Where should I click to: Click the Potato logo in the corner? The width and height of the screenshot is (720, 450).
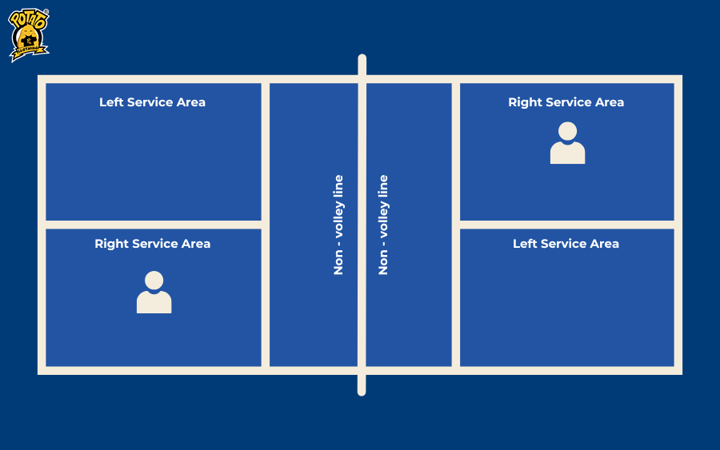coord(29,35)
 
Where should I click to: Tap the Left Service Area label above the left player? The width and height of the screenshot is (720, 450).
coord(152,102)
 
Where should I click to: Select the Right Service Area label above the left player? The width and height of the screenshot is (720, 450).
coord(152,244)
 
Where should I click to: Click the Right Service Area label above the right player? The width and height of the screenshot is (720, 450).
coord(566,102)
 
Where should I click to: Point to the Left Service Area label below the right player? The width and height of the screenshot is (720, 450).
coord(566,244)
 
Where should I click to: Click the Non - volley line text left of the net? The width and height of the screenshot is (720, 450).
coord(338,225)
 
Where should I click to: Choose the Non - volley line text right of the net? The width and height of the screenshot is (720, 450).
coord(383,225)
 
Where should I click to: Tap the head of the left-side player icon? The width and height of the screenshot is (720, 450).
coord(154,281)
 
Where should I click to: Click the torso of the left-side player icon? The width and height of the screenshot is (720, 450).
coord(154,302)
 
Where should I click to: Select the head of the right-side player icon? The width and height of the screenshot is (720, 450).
coord(567,131)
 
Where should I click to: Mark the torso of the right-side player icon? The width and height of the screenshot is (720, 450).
coord(567,153)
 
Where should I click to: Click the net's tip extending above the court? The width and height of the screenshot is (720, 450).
coord(362,64)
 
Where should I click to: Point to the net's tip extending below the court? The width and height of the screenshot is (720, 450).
coord(362,385)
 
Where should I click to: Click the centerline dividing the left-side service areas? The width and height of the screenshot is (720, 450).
coord(154,225)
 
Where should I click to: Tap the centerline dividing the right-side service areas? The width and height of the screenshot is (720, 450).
coord(567,225)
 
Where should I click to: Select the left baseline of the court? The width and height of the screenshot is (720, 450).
coord(42,225)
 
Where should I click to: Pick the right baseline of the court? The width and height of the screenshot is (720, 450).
coord(678,225)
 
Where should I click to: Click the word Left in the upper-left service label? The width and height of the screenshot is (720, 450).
coord(111,102)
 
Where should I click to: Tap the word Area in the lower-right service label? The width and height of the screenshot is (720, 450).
coord(604,244)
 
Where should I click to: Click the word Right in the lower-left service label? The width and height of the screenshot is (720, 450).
coord(111,244)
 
